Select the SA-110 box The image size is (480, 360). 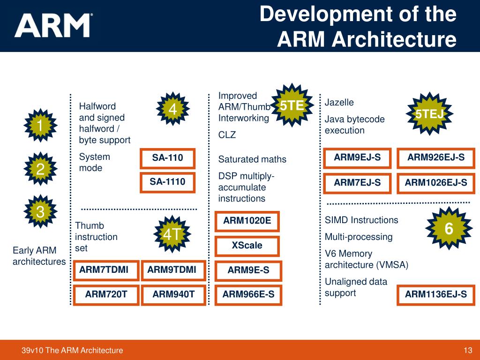tap(167, 158)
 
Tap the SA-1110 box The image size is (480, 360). tap(167, 182)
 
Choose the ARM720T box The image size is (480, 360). tap(106, 295)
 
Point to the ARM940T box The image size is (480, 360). tap(173, 295)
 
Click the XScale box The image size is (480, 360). tap(247, 246)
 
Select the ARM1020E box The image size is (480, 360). tap(247, 221)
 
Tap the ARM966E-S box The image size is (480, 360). tap(248, 295)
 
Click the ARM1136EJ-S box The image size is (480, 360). tap(436, 295)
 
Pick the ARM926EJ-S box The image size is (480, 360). tap(436, 158)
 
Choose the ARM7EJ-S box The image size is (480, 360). tap(357, 183)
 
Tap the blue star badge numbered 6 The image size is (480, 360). tap(449, 229)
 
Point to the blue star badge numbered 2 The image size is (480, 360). tap(40, 170)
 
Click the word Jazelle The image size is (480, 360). tap(339, 103)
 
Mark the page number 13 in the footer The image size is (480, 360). tap(467, 350)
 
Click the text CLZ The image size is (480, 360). tap(227, 135)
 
